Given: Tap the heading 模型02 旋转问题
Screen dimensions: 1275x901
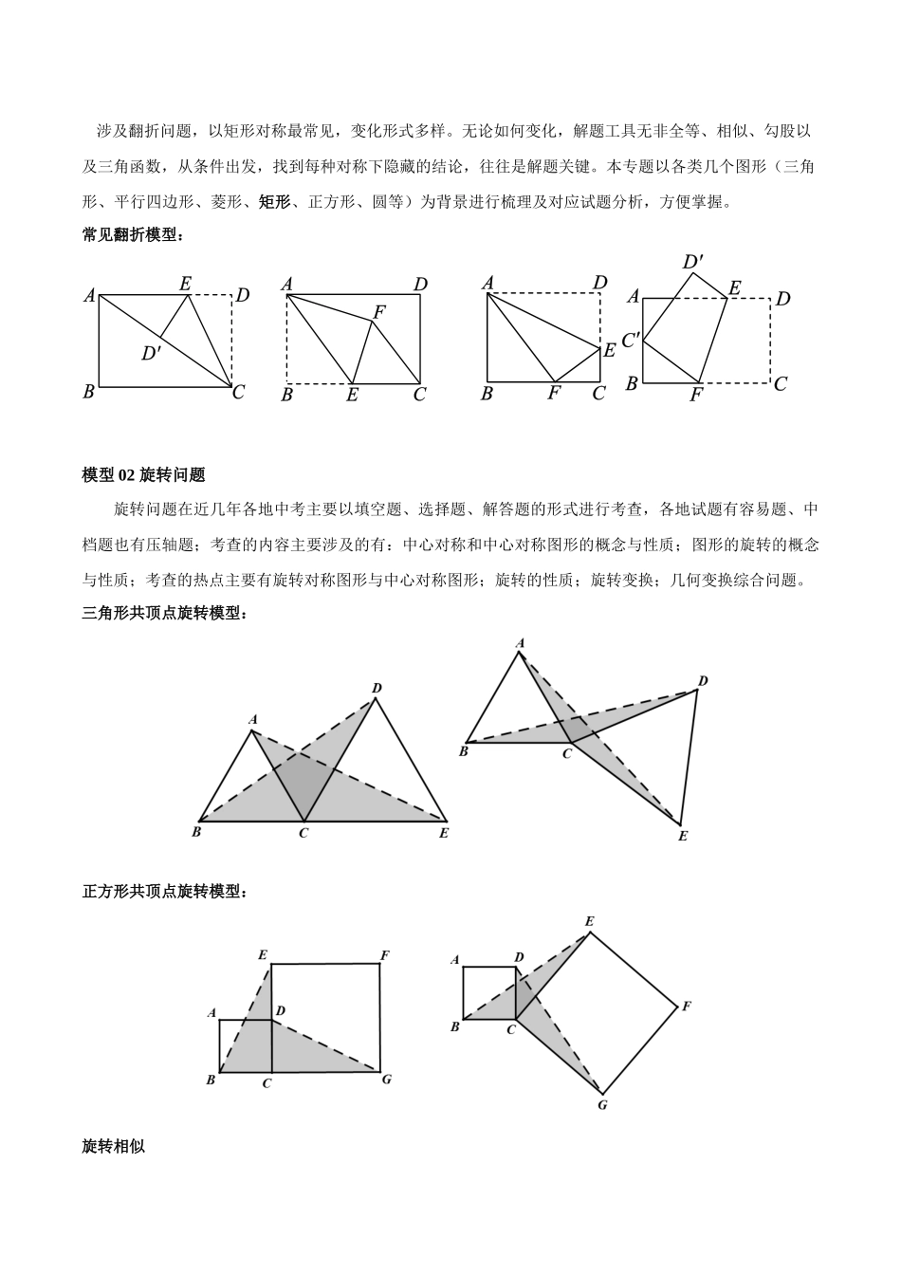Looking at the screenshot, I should [x=144, y=475].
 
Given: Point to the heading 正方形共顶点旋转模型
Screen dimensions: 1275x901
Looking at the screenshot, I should [x=165, y=892].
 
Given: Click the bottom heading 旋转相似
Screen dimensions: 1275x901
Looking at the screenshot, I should [x=114, y=1146].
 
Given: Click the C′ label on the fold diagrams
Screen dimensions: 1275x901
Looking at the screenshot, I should [x=631, y=337].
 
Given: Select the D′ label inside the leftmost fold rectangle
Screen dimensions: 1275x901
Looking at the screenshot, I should [x=151, y=354].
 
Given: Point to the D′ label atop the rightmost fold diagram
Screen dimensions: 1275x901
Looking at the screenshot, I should [x=692, y=261].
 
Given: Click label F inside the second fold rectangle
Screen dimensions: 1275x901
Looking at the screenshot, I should [x=379, y=311].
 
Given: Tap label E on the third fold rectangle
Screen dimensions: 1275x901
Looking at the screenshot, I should [x=609, y=349].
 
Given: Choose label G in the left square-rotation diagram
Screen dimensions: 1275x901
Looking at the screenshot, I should [x=386, y=1079].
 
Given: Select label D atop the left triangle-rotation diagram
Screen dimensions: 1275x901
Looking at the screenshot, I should [x=377, y=688].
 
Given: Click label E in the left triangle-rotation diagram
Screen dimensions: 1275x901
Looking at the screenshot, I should [x=443, y=833].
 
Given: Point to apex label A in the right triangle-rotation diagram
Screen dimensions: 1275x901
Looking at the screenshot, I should [x=520, y=644].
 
